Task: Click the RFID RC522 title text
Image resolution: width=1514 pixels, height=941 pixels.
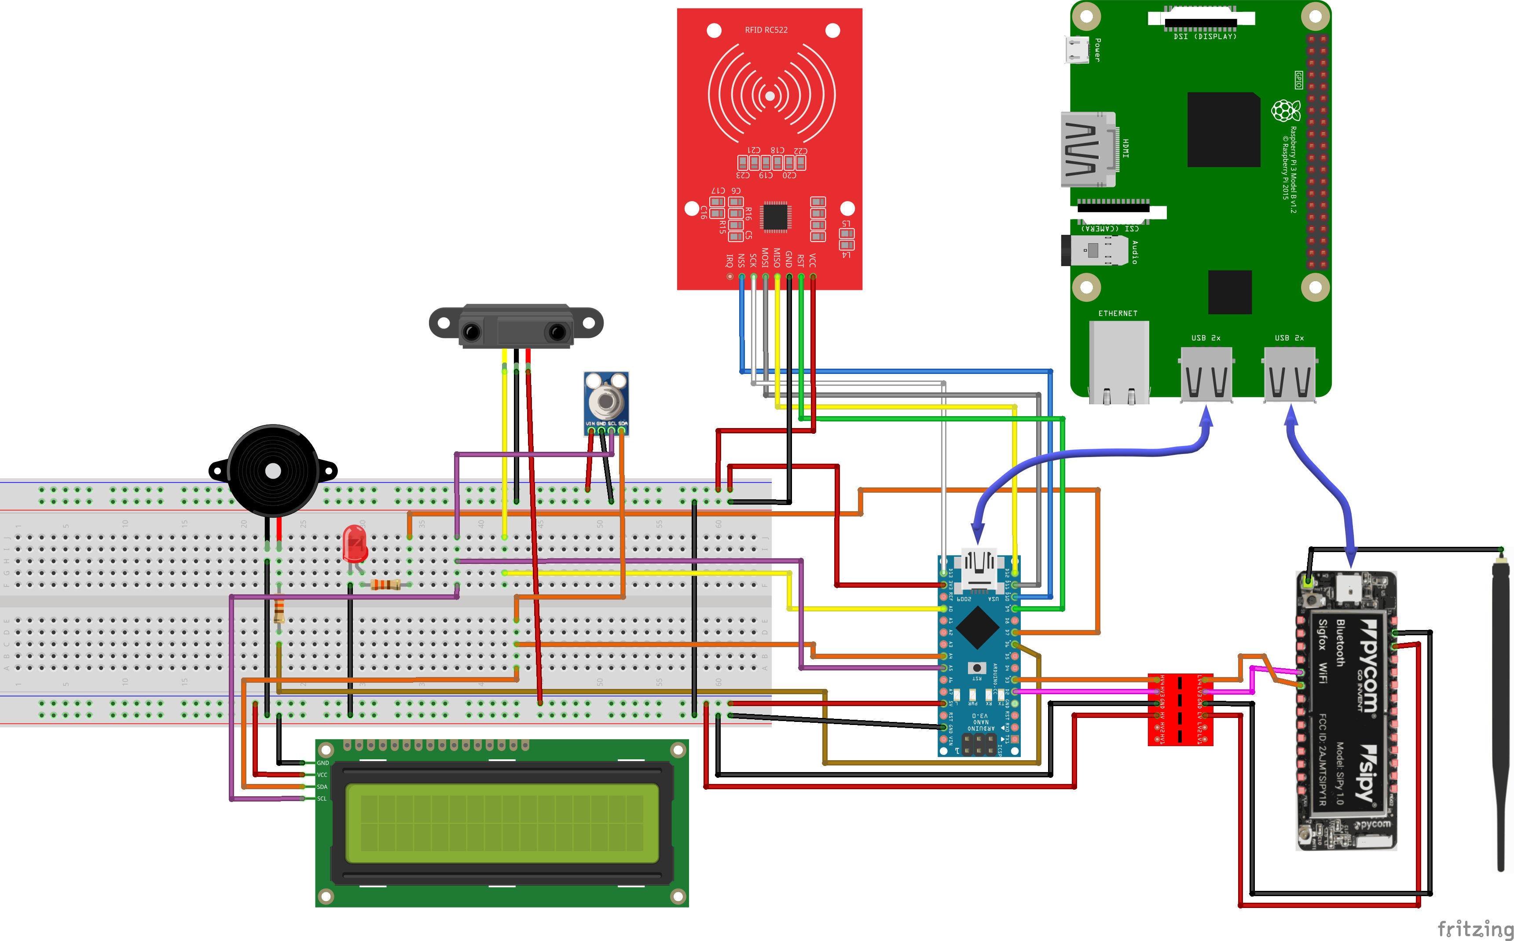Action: (x=766, y=30)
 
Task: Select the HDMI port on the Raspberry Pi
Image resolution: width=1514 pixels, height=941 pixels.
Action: (x=1088, y=150)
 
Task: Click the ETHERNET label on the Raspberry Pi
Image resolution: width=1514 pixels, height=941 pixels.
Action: (x=1118, y=314)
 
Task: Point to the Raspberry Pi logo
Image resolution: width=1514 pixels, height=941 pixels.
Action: (x=1285, y=111)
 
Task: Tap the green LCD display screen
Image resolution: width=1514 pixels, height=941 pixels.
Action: (x=502, y=823)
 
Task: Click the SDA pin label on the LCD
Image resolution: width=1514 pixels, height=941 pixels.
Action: (x=322, y=787)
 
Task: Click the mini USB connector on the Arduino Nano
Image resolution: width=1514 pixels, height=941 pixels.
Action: (x=979, y=569)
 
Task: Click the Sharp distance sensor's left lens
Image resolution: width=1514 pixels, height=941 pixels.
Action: (x=472, y=332)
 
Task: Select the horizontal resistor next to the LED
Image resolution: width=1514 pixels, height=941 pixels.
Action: (x=385, y=584)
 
